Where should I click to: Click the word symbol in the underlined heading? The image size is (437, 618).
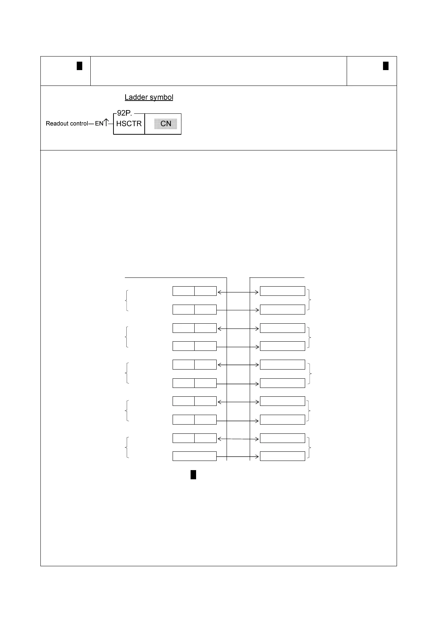[x=161, y=97]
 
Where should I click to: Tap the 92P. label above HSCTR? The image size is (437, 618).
[x=124, y=113]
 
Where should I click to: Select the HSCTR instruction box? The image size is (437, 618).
[x=129, y=124]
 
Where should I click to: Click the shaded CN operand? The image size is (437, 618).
[x=166, y=124]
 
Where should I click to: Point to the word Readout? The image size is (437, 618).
[x=57, y=124]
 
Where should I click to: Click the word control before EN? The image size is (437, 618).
[x=79, y=124]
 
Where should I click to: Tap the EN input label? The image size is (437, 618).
[x=99, y=124]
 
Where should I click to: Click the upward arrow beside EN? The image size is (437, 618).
[x=106, y=122]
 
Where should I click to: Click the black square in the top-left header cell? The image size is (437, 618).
[x=79, y=66]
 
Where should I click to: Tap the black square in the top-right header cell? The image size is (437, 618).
[x=386, y=66]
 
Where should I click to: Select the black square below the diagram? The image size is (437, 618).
[x=193, y=475]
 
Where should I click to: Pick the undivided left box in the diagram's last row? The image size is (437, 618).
[x=194, y=456]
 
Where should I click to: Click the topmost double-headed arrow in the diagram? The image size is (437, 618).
[x=238, y=292]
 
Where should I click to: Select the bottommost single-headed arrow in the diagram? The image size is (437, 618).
[x=238, y=457]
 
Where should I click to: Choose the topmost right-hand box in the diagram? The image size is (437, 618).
[x=282, y=291]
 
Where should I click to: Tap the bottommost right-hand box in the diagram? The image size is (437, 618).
[x=282, y=456]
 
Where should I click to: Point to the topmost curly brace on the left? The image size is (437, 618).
[x=127, y=301]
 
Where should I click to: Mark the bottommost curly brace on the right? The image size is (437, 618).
[x=310, y=447]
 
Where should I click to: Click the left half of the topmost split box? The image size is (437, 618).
[x=184, y=291]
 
